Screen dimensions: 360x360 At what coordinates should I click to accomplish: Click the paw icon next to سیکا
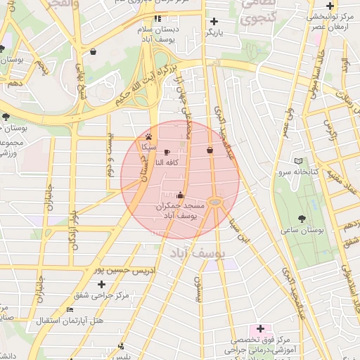coord(148,136)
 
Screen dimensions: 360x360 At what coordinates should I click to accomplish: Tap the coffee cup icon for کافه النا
coord(167,152)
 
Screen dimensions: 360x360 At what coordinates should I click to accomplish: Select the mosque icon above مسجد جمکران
coord(181,195)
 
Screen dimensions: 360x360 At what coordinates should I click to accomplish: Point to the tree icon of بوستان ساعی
coord(302,219)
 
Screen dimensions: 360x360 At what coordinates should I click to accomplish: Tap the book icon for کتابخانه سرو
coord(299,161)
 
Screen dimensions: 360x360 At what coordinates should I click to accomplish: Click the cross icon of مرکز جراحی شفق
coord(103,284)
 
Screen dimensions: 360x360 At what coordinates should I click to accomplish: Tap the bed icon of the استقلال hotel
coord(69,309)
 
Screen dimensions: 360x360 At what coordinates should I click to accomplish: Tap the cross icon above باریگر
coord(214,21)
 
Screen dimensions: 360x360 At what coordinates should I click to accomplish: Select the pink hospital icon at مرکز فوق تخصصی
coord(260,328)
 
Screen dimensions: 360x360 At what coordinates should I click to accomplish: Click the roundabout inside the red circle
coord(215,202)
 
